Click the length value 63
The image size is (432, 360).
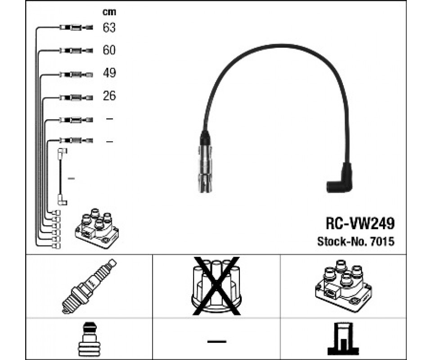[109, 28]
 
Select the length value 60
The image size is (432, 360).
[109, 50]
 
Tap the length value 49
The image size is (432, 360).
[109, 73]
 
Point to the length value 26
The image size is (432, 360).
[109, 96]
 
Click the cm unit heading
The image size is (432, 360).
[109, 12]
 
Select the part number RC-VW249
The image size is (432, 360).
[360, 224]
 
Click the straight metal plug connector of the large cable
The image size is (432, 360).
[205, 163]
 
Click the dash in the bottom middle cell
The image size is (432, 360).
[216, 341]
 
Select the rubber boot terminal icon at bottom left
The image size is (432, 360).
[89, 338]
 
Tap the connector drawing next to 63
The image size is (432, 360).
[76, 28]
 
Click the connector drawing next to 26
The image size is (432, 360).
[76, 96]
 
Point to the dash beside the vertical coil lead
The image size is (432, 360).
[71, 179]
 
